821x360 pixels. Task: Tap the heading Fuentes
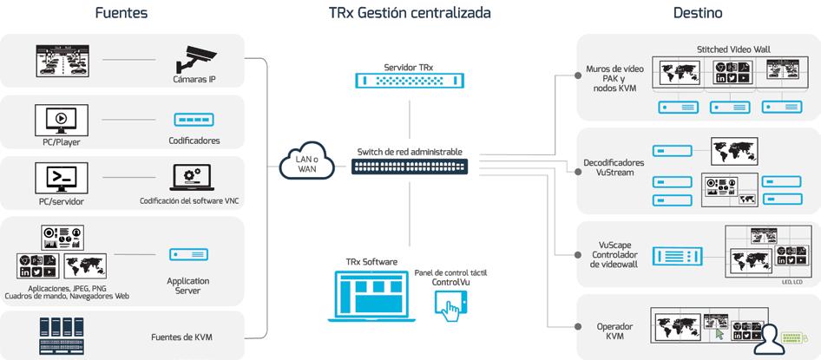(x=122, y=13)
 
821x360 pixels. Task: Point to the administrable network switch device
(x=410, y=166)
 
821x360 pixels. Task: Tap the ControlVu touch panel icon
(x=450, y=304)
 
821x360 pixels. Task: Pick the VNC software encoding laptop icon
(x=193, y=179)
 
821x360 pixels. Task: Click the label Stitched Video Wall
(x=733, y=49)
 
